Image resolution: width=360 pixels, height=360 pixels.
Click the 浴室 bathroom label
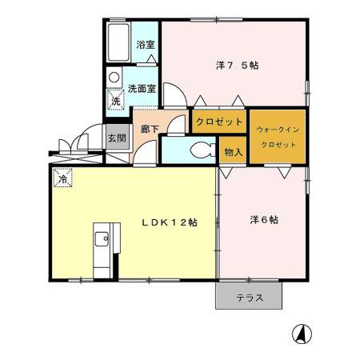[x=145, y=45]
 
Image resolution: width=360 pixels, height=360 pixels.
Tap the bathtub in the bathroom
[x=118, y=42]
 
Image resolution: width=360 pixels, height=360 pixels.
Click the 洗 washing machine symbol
[x=116, y=101]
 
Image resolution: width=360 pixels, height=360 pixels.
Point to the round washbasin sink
[x=114, y=78]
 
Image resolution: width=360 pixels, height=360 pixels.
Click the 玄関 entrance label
[x=116, y=137]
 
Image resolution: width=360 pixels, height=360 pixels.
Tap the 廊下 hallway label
[x=149, y=128]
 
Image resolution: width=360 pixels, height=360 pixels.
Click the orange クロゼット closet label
[x=218, y=122]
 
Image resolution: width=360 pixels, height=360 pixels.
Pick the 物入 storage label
[x=233, y=151]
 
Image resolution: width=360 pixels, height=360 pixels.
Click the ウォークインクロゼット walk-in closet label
[x=277, y=135]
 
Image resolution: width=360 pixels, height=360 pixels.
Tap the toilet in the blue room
[x=202, y=150]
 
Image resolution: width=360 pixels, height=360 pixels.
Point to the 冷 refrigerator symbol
[x=62, y=177]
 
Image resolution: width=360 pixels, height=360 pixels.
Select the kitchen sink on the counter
[x=102, y=240]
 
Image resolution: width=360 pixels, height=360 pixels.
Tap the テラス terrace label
[x=249, y=298]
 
